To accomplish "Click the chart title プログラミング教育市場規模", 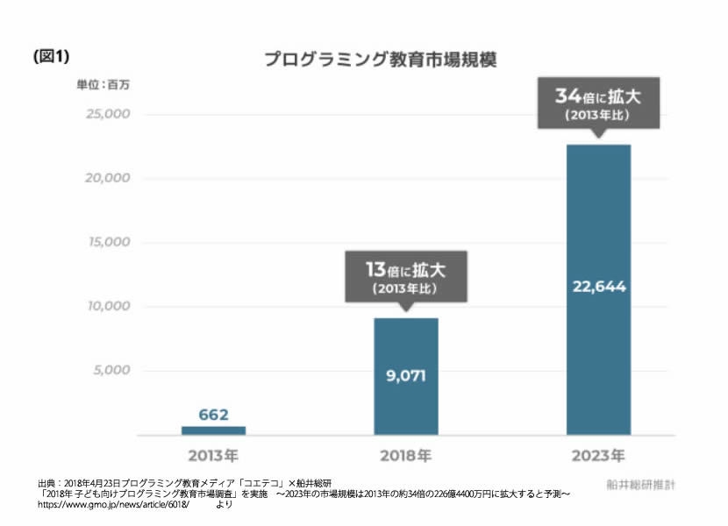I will point(382,60).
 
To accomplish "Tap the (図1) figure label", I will point(50,56).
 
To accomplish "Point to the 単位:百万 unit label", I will point(103,86).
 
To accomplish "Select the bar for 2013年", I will point(213,430).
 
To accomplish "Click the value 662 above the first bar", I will point(213,414).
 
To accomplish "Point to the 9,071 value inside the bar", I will point(406,376).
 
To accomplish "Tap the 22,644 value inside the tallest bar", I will point(598,287).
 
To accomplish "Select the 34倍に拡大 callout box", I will point(598,103).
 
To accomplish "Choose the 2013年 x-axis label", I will point(213,456).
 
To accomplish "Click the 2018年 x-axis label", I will point(406,456).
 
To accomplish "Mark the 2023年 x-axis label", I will point(598,456).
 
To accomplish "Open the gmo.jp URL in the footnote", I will point(113,505).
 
